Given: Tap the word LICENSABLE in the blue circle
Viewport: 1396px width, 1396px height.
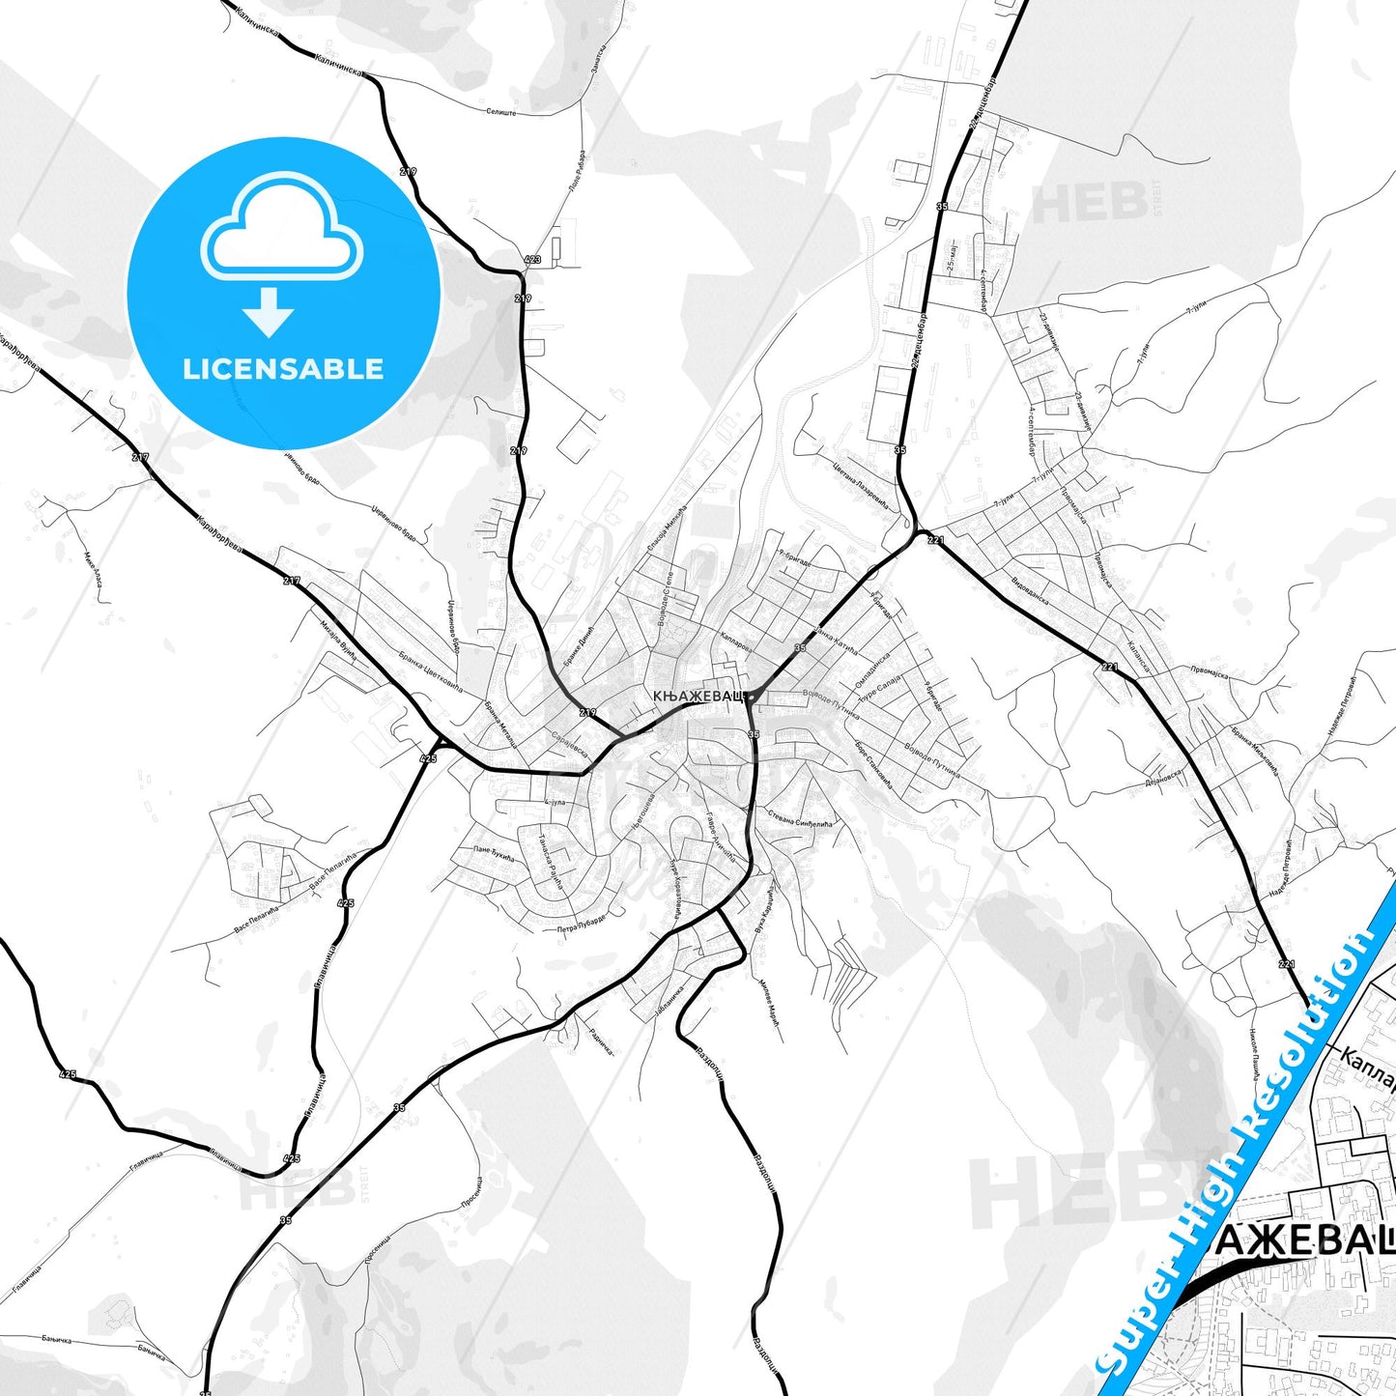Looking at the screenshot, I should coord(283,369).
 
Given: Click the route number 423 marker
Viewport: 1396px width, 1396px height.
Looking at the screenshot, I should coord(532,260).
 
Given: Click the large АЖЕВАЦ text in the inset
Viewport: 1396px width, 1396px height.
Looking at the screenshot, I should coord(1303,1241).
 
